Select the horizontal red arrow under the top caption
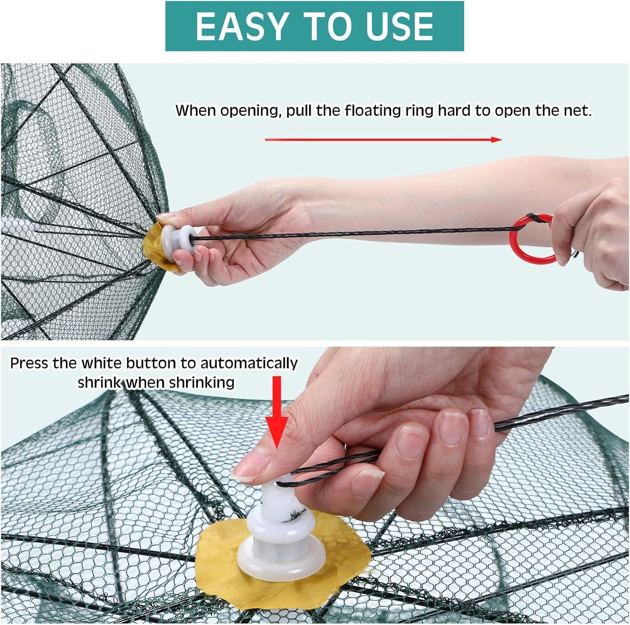(383, 140)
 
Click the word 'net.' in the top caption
(576, 111)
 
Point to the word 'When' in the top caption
(196, 111)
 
